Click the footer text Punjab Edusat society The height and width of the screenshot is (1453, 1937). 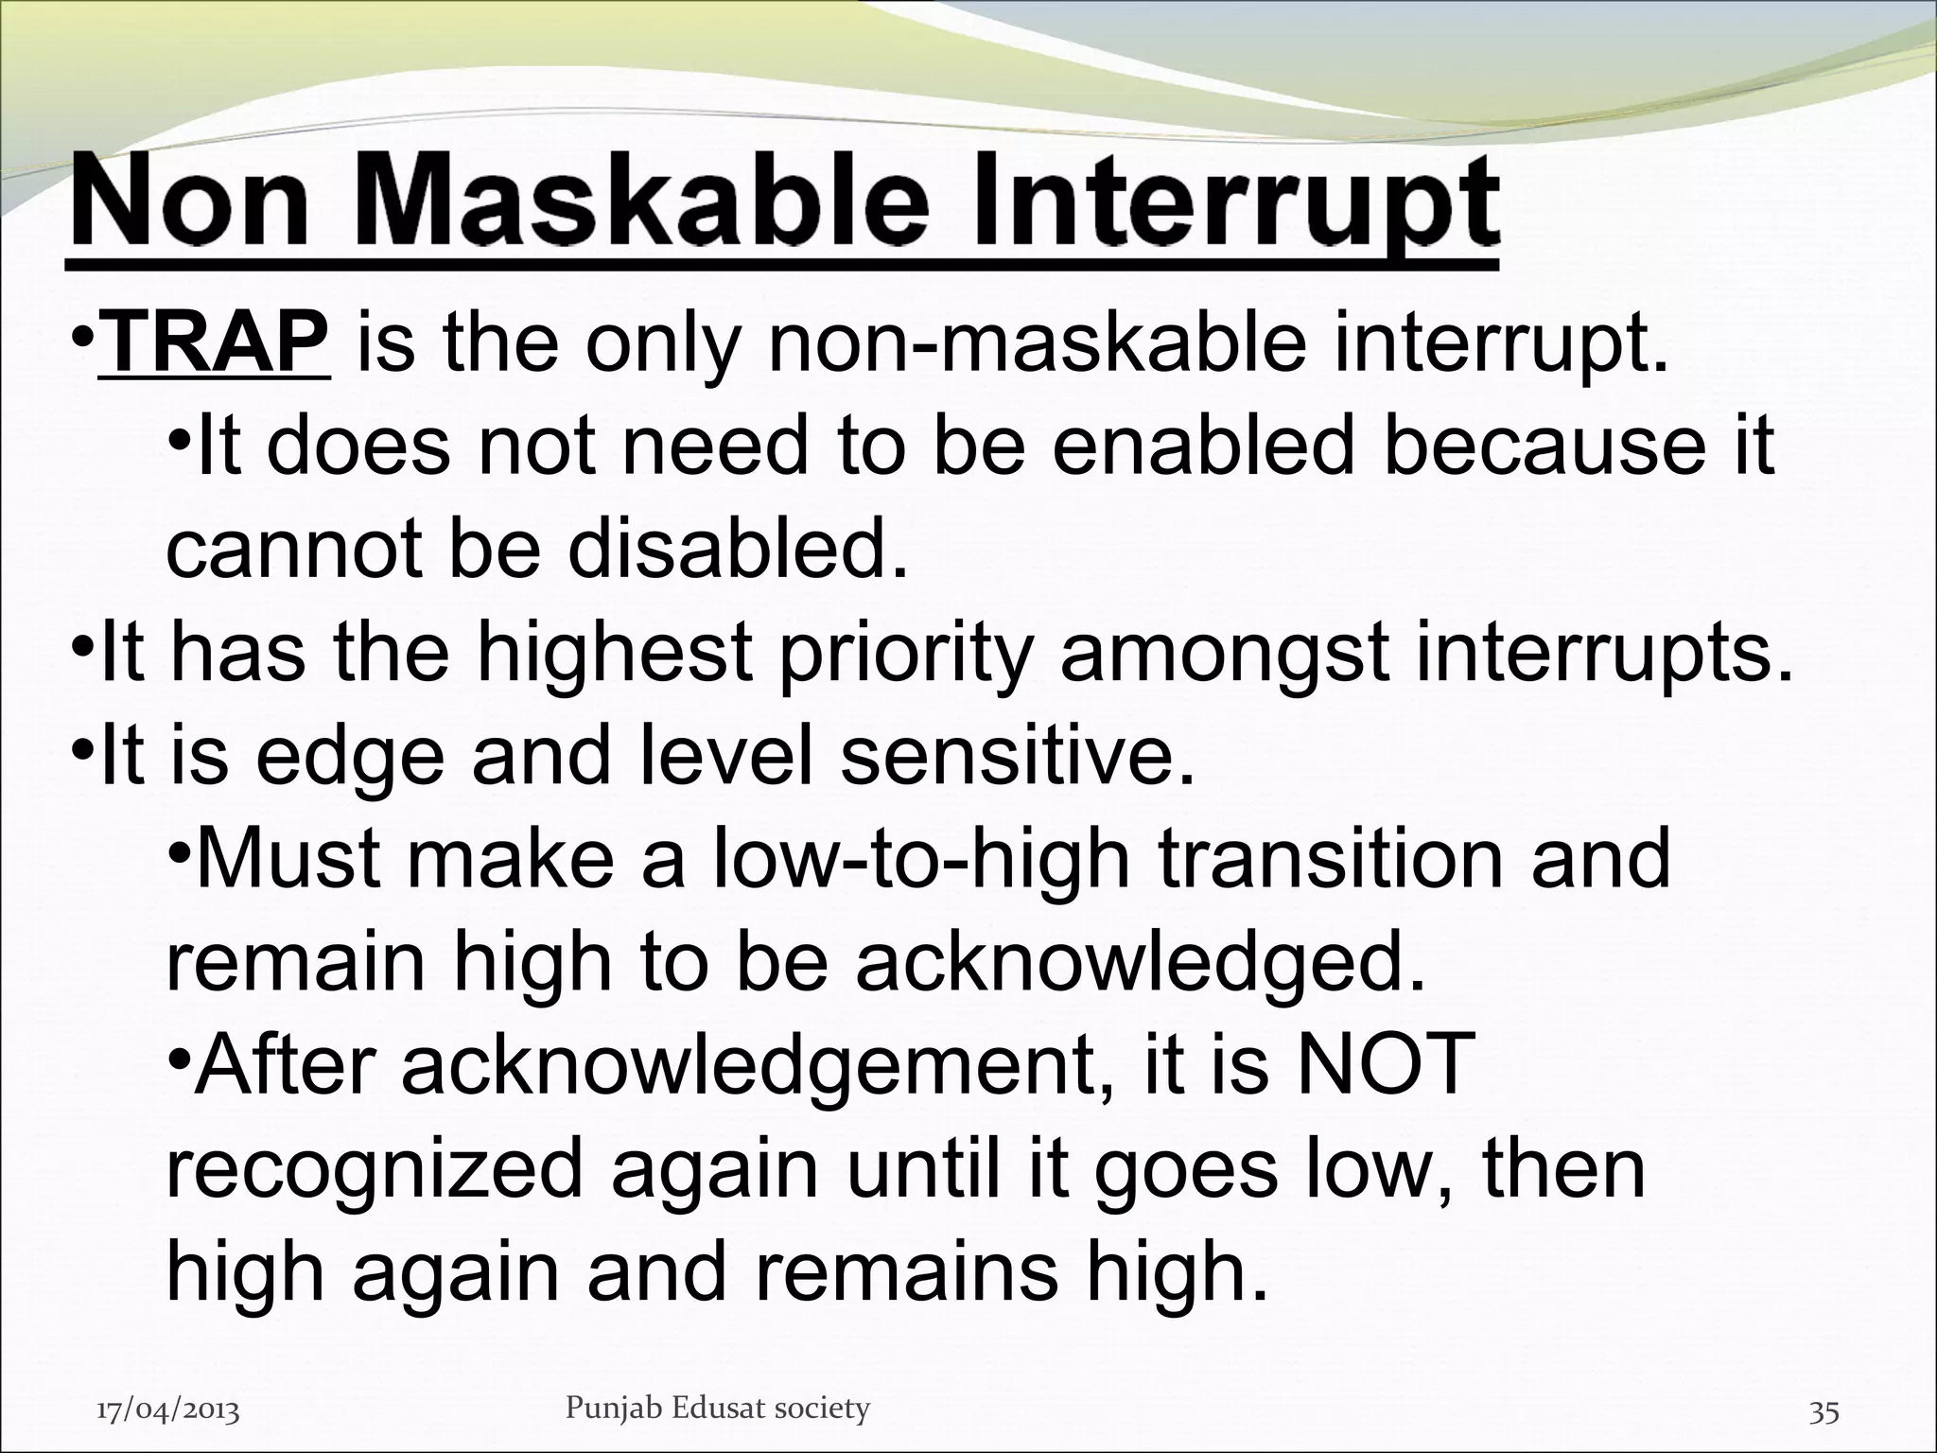[x=717, y=1409]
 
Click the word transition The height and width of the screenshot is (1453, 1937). [x=1335, y=859]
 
